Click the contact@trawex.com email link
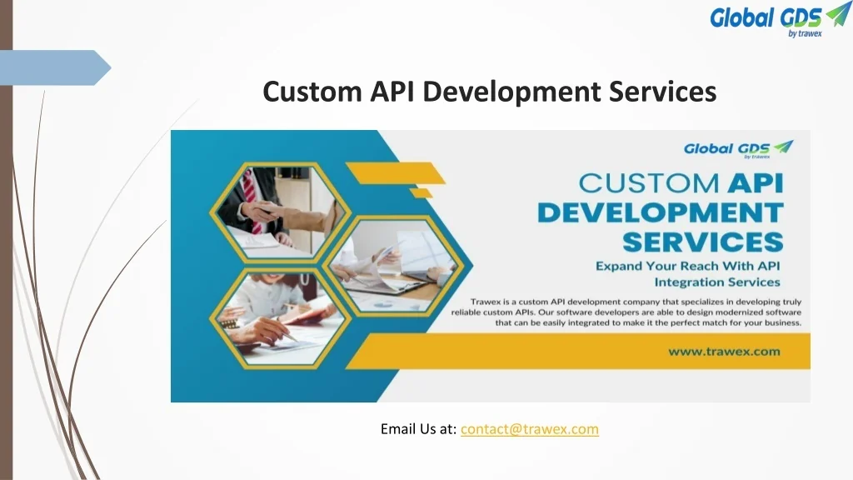coord(529,429)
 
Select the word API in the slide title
coord(390,92)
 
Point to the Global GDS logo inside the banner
coord(738,149)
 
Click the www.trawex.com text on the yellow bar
coord(724,351)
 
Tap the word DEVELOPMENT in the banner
coord(660,212)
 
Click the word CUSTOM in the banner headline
coord(637,183)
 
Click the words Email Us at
coord(418,429)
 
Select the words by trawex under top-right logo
coord(805,33)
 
